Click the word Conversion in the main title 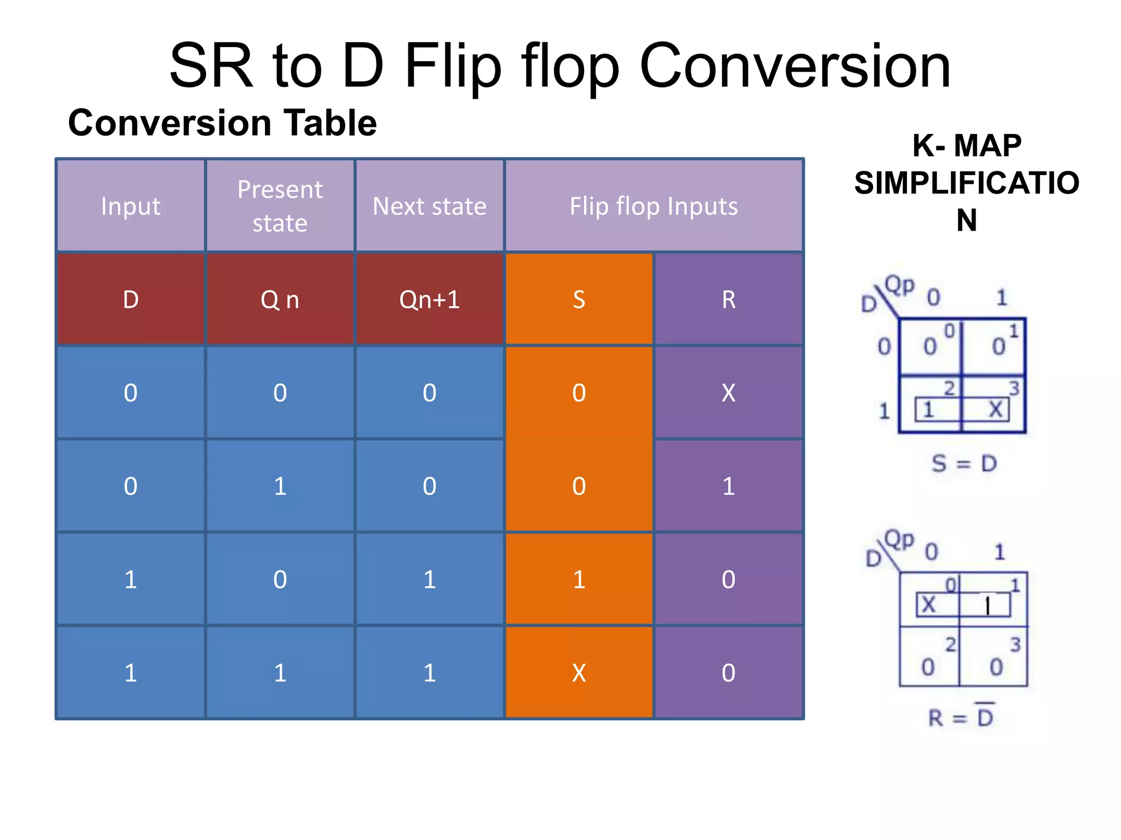pos(795,67)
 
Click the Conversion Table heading pos(222,122)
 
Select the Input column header pos(130,206)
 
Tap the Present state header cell pos(280,206)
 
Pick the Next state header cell pos(429,206)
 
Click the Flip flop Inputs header pos(654,206)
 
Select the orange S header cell pos(579,300)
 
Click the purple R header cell pos(728,300)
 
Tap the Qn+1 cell pos(429,300)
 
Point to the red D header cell pos(130,300)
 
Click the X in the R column pos(728,393)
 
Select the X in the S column pos(579,673)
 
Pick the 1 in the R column pos(728,486)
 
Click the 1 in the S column pos(579,580)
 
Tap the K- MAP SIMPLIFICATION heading pos(966,183)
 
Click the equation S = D pos(964,464)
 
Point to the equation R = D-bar pos(961,717)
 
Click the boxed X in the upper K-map pos(996,409)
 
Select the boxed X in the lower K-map pos(929,605)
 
